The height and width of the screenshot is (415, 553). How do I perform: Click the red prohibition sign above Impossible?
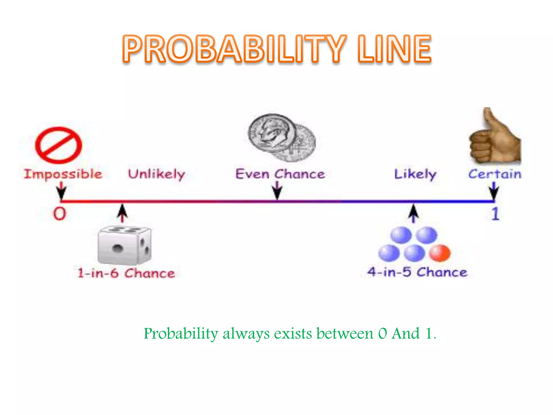pos(59,145)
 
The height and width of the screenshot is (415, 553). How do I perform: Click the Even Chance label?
pos(280,174)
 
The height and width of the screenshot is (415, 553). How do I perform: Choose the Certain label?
pos(495,174)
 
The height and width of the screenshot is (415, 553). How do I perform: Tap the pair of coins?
pos(281,137)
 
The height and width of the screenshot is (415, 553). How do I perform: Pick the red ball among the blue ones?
pos(440,253)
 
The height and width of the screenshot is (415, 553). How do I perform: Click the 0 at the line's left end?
pos(59,214)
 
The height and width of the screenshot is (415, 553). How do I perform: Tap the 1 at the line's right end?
pos(495,214)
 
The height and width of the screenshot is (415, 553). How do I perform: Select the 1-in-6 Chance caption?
pos(126,273)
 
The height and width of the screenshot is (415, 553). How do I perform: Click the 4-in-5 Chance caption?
pos(417,272)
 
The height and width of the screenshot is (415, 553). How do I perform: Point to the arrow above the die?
pos(123,213)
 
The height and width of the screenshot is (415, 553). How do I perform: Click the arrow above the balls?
pos(413,213)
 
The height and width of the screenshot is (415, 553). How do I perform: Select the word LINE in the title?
pos(394,49)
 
